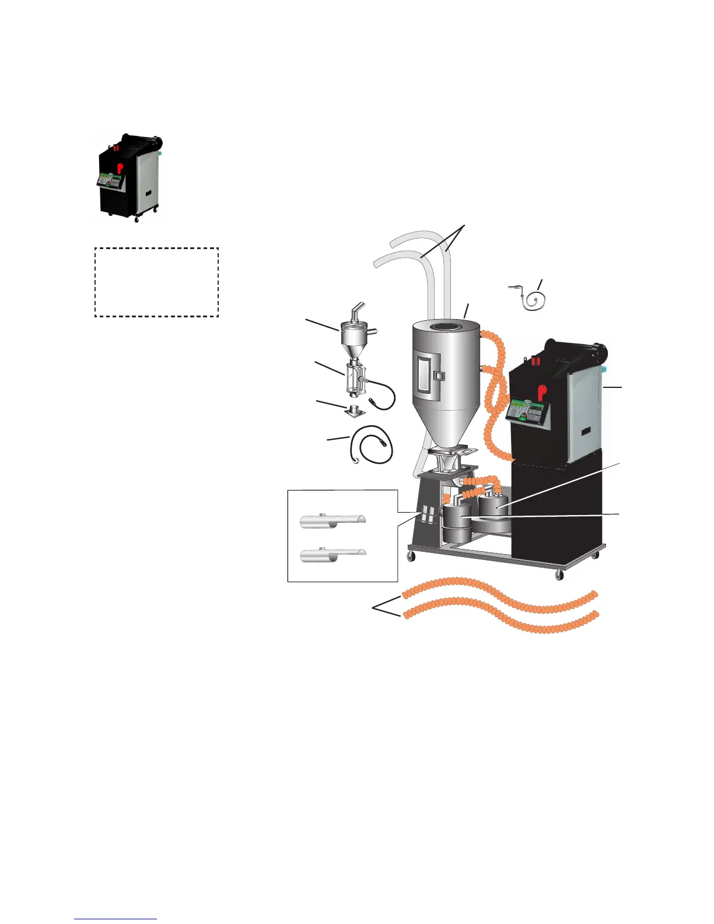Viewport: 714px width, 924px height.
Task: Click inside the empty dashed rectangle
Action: (x=156, y=282)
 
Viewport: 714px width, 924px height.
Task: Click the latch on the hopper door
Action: (x=439, y=376)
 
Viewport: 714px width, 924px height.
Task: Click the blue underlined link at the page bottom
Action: (x=116, y=919)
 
